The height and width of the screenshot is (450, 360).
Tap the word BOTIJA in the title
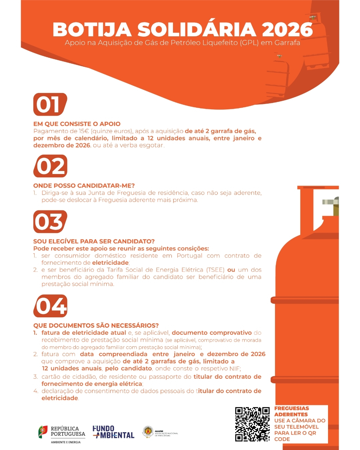tap(92, 29)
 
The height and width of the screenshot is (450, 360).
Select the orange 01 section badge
tap(50, 104)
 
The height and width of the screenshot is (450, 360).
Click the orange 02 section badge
tap(50, 166)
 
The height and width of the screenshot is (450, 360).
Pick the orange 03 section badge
tap(50, 222)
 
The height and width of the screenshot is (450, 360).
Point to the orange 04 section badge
tap(50, 306)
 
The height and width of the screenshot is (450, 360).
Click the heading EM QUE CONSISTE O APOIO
tap(77, 124)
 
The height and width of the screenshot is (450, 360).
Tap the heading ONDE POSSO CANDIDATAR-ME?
tap(84, 185)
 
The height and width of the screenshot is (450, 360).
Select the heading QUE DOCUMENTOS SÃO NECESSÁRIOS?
tap(96, 326)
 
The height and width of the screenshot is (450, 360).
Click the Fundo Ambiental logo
tap(113, 432)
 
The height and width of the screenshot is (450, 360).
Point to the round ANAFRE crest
tap(148, 431)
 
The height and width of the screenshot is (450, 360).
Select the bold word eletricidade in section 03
tap(110, 262)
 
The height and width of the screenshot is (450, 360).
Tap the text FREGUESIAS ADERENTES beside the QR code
tap(292, 411)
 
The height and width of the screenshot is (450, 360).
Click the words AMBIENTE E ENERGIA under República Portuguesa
tap(66, 442)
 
